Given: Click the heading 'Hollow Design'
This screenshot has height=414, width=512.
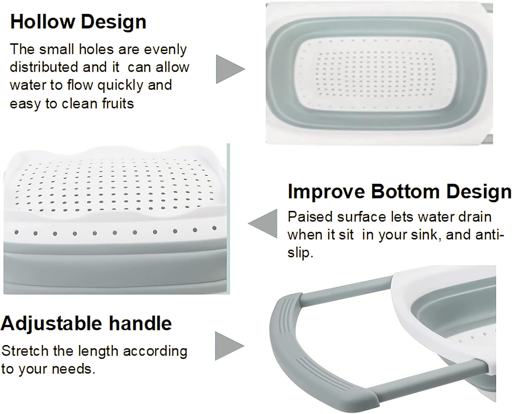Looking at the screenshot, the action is pos(78,22).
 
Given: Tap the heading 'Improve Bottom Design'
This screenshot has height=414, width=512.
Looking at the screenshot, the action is pos(399,192).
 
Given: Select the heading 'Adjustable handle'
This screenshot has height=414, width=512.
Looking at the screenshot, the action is pos(86,324).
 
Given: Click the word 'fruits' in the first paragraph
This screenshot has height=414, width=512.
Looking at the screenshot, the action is pos(118,104).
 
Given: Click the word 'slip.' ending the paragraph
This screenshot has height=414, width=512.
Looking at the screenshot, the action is pos(300,253).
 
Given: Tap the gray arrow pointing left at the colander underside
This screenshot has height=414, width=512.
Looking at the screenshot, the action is pos(263,224).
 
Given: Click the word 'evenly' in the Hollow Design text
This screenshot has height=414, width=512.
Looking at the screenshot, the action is pos(166,50).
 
